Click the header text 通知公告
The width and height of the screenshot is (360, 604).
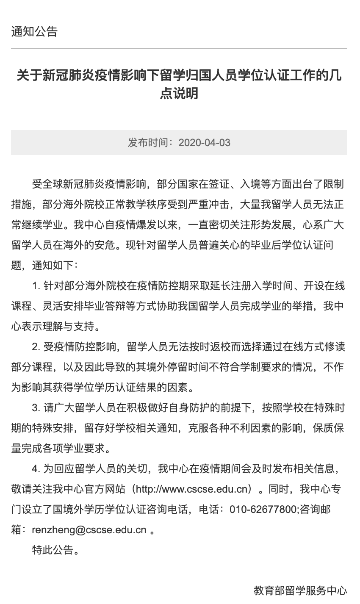(34, 32)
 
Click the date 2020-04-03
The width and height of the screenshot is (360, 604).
(205, 142)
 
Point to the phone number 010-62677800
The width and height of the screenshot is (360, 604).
(263, 510)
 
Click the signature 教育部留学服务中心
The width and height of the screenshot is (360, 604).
(300, 591)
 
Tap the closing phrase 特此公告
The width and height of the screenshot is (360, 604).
(53, 550)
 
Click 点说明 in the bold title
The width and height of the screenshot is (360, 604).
(179, 93)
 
